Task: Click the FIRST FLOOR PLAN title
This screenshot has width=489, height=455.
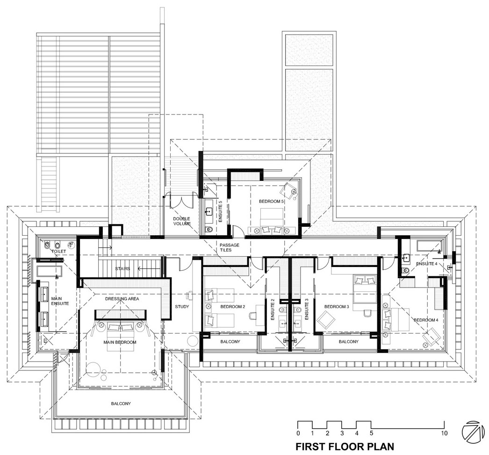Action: [x=345, y=446]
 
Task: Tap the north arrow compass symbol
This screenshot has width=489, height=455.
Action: [x=474, y=432]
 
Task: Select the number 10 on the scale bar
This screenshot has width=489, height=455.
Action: [x=444, y=433]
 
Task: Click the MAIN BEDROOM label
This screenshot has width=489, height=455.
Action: [x=120, y=342]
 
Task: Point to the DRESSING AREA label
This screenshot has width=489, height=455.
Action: [x=122, y=299]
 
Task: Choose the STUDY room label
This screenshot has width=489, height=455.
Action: [x=182, y=307]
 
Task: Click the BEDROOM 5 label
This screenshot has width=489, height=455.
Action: [x=271, y=202]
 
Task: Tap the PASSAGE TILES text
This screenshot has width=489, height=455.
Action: [x=229, y=248]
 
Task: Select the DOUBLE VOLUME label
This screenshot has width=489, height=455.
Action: [x=182, y=221]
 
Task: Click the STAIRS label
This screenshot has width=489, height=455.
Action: [x=122, y=268]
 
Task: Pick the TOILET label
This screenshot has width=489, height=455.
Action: [x=58, y=252]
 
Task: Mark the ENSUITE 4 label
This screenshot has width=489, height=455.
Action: [x=427, y=264]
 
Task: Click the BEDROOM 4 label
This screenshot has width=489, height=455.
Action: [x=426, y=320]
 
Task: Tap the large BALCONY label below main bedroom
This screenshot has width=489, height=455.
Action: [x=121, y=404]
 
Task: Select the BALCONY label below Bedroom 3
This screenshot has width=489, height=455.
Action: [x=349, y=341]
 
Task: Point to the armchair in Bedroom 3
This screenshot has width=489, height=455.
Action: [x=325, y=321]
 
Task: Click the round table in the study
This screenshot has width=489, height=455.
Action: [x=193, y=340]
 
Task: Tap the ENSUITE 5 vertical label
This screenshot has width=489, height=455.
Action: [x=220, y=211]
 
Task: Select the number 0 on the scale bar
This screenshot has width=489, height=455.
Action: [x=298, y=433]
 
